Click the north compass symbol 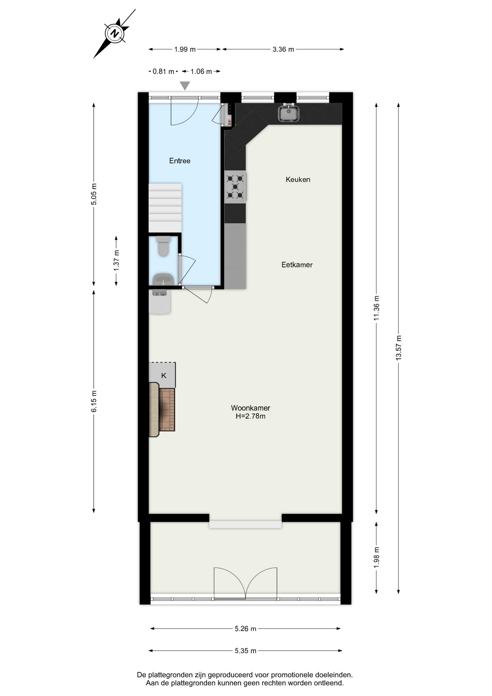pyautogui.click(x=115, y=34)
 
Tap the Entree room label pyautogui.click(x=180, y=161)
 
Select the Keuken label pyautogui.click(x=298, y=179)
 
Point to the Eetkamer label pyautogui.click(x=297, y=265)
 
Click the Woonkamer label pyautogui.click(x=251, y=408)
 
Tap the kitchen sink pyautogui.click(x=288, y=112)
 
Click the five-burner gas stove pyautogui.click(x=235, y=187)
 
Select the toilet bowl pyautogui.click(x=163, y=246)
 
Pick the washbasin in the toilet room pyautogui.click(x=163, y=279)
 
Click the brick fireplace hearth pyautogui.click(x=167, y=410)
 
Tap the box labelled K pyautogui.click(x=162, y=375)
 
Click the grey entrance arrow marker pyautogui.click(x=185, y=86)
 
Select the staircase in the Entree pyautogui.click(x=165, y=208)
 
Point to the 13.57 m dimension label pyautogui.click(x=399, y=348)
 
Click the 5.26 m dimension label pyautogui.click(x=246, y=629)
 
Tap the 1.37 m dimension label pyautogui.click(x=116, y=260)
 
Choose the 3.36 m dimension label pyautogui.click(x=283, y=49)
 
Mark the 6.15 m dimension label pyautogui.click(x=94, y=401)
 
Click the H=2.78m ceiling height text pyautogui.click(x=251, y=416)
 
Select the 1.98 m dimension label pyautogui.click(x=376, y=557)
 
